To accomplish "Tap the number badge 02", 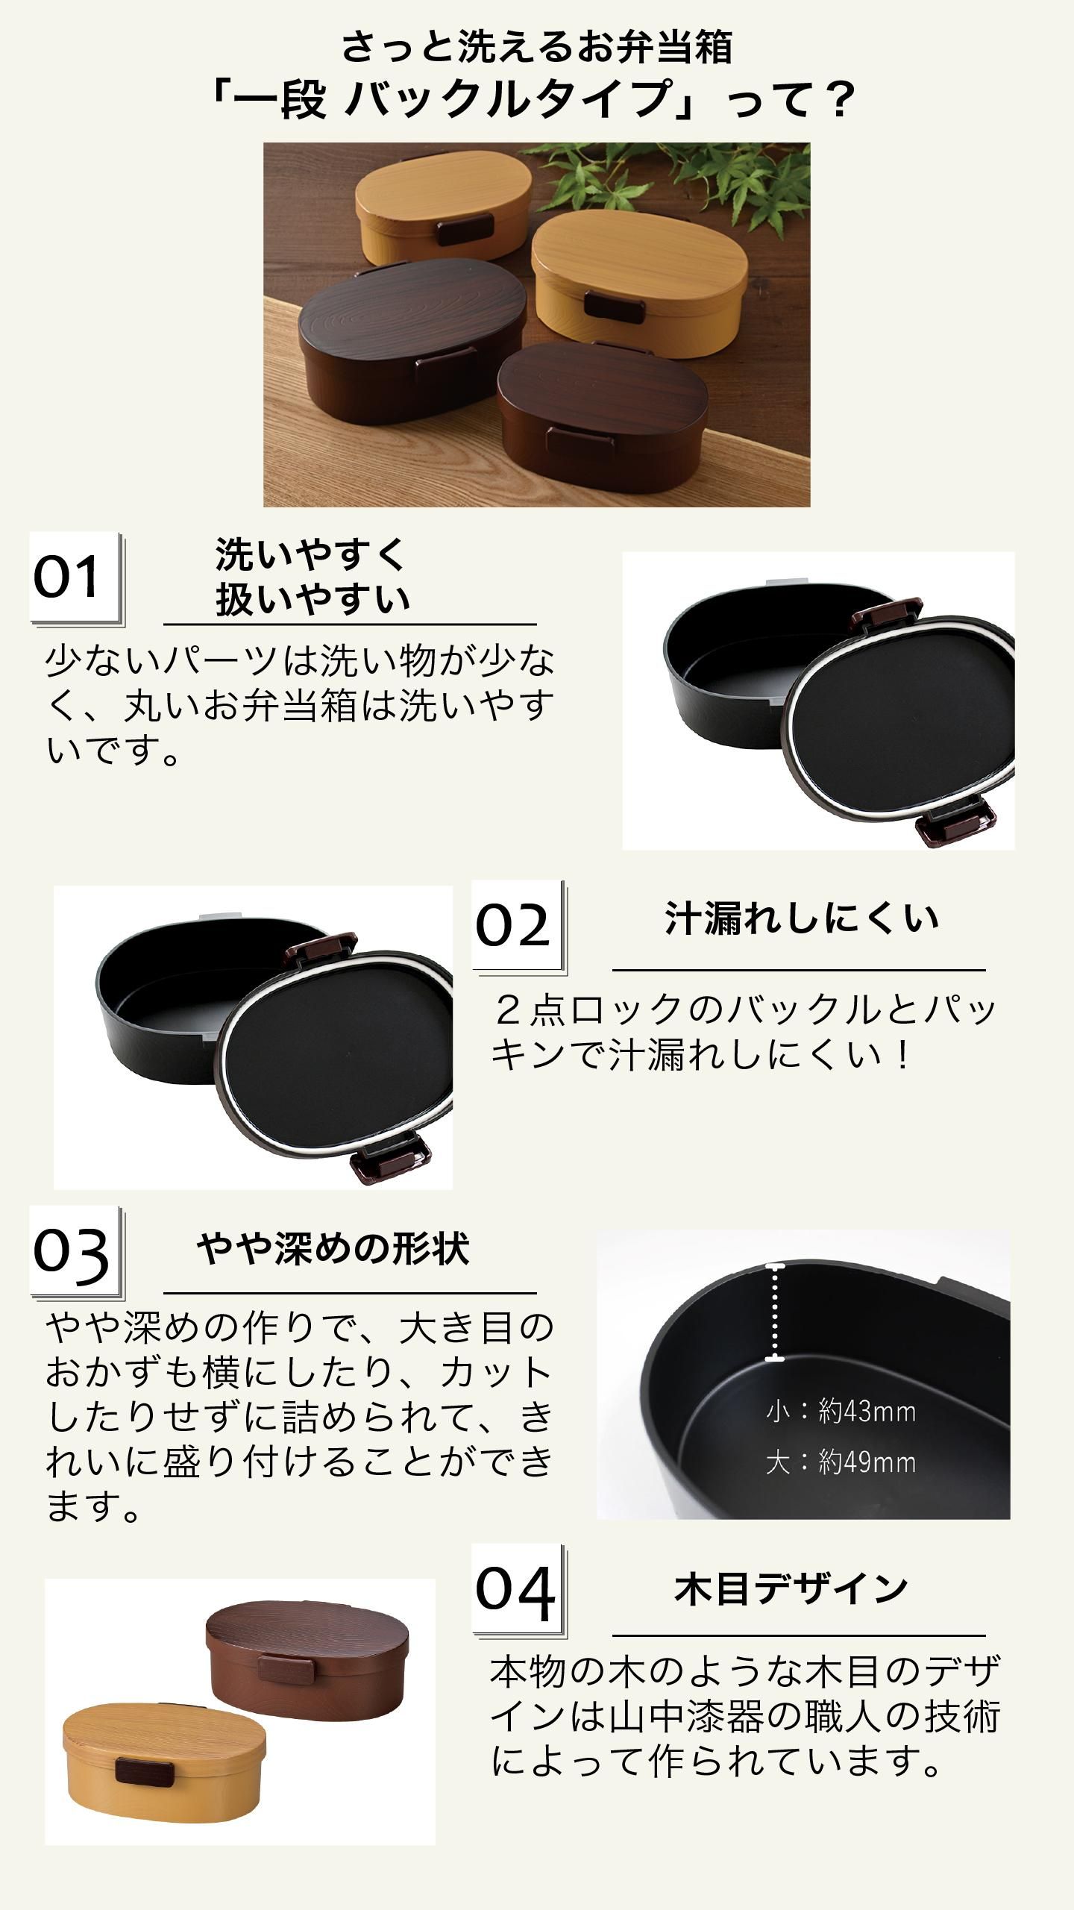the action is coord(518,926).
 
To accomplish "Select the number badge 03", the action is coord(75,1252).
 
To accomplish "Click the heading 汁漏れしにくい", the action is coord(801,919).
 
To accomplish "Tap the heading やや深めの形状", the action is coord(333,1248).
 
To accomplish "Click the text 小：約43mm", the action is coord(841,1412).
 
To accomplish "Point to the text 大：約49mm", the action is coord(841,1462).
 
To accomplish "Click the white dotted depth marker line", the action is coord(776,1312).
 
